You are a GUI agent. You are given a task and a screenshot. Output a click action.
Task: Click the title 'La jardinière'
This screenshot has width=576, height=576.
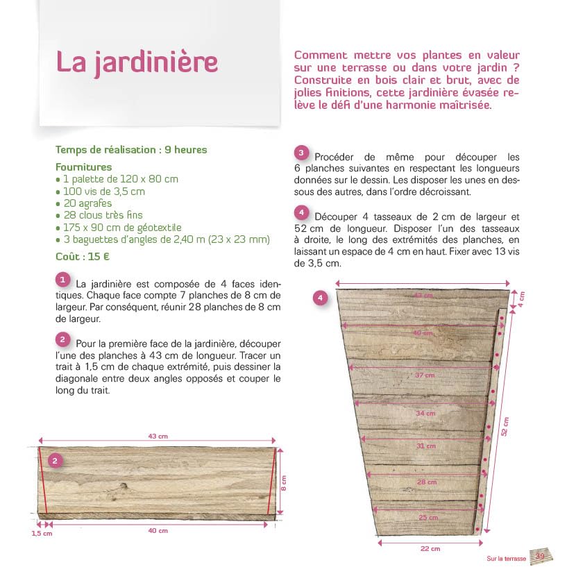[x=137, y=62]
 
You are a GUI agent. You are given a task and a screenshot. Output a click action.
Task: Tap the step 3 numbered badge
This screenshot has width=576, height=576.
[x=301, y=153]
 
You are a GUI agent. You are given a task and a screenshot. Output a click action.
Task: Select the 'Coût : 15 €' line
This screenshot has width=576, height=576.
[x=83, y=255]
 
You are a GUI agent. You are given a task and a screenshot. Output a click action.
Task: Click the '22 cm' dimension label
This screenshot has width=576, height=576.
[x=430, y=548]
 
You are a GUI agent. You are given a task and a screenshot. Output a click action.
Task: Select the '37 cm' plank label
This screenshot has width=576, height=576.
[x=425, y=375]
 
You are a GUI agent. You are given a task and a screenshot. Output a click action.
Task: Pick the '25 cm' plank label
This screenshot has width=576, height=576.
[x=427, y=518]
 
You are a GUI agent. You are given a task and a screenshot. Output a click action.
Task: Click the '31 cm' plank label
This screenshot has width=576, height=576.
[x=425, y=446]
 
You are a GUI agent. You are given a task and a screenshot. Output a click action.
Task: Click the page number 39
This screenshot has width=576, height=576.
[x=539, y=557]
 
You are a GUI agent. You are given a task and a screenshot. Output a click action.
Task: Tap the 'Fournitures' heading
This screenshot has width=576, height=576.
[x=83, y=167]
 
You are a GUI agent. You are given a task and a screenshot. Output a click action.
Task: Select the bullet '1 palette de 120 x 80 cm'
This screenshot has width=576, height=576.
[x=117, y=179]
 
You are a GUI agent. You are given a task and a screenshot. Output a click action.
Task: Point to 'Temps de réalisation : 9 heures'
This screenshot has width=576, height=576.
[x=131, y=150]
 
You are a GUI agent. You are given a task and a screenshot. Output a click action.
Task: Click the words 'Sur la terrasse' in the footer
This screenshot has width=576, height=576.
[x=506, y=559]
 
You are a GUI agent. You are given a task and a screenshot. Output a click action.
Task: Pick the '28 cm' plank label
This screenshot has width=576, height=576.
[x=427, y=482]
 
